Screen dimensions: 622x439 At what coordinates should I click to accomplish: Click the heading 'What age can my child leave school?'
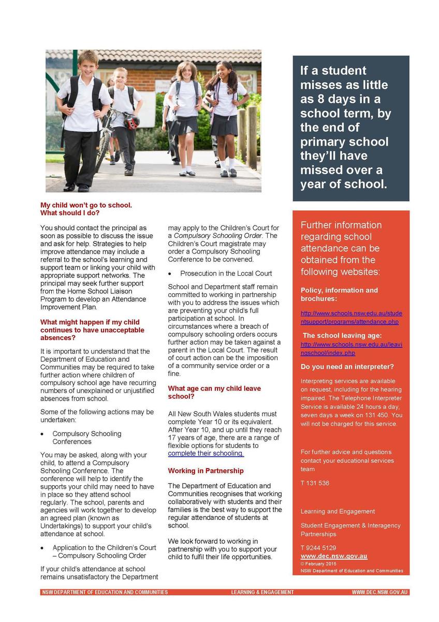pyautogui.click(x=214, y=392)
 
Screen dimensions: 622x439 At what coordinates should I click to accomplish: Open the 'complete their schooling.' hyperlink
pyautogui.click(x=206, y=454)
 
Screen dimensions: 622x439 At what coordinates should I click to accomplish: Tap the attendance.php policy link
pyautogui.click(x=351, y=318)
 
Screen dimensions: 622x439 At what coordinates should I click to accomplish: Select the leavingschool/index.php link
pyautogui.click(x=351, y=349)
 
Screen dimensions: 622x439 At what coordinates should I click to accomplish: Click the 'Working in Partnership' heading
pyautogui.click(x=206, y=471)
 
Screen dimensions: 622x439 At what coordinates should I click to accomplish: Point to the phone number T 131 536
pyautogui.click(x=315, y=483)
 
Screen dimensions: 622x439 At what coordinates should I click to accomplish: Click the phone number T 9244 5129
pyautogui.click(x=318, y=548)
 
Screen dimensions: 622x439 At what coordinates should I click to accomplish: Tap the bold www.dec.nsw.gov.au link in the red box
pyautogui.click(x=334, y=556)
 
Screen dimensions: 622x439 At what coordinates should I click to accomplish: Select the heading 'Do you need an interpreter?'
pyautogui.click(x=347, y=367)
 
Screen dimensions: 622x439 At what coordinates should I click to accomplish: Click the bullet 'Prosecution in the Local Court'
pyautogui.click(x=226, y=273)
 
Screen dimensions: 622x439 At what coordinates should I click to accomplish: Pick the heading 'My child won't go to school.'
pyautogui.click(x=86, y=205)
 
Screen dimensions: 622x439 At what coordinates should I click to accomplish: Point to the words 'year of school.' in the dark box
pyautogui.click(x=344, y=184)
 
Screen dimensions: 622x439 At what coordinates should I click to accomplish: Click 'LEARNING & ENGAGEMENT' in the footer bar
pyautogui.click(x=262, y=592)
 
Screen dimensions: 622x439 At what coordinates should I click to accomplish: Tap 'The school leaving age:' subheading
pyautogui.click(x=342, y=335)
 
